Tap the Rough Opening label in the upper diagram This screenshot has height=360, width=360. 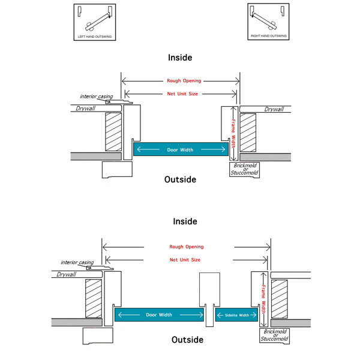tap(184, 80)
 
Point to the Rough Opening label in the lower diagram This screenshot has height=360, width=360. tap(186, 247)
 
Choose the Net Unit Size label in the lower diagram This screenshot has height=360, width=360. tap(185, 260)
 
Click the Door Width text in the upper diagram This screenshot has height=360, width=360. tap(179, 150)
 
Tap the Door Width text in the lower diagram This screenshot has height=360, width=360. tap(160, 314)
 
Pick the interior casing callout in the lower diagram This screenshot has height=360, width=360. tap(77, 262)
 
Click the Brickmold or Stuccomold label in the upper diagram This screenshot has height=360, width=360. tap(244, 169)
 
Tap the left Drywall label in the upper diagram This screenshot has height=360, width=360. tap(88, 109)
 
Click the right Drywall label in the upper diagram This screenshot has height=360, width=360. tap(274, 109)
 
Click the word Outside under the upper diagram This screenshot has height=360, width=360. tap(180, 179)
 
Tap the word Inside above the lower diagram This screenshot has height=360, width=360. tap(185, 221)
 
